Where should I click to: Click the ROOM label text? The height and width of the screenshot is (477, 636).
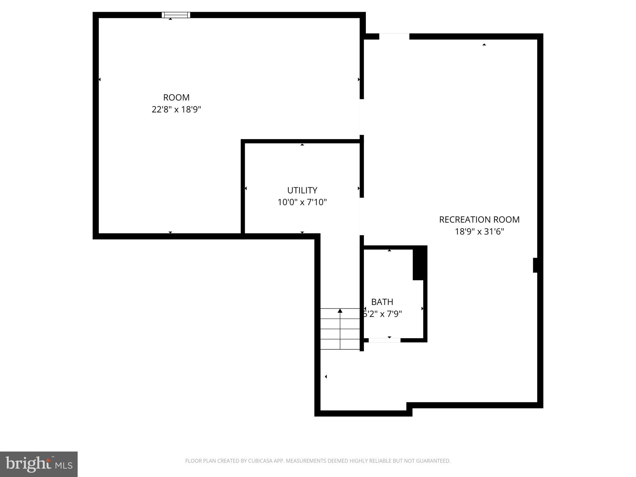click(x=176, y=98)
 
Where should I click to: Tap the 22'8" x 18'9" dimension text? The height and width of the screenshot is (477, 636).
click(x=176, y=110)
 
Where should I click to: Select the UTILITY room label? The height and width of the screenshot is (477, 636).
click(x=302, y=190)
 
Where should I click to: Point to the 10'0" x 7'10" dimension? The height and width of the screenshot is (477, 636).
click(x=302, y=202)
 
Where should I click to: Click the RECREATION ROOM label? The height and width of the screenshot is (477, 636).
click(x=479, y=220)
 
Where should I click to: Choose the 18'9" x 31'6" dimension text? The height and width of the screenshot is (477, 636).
click(x=479, y=232)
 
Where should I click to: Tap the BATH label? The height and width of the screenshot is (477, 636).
click(x=382, y=302)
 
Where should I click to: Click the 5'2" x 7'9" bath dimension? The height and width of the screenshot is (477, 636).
click(x=383, y=314)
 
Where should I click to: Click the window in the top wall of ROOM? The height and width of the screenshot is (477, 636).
click(x=176, y=15)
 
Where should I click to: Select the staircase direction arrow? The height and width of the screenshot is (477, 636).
click(x=340, y=311)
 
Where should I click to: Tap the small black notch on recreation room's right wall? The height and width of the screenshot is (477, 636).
click(x=535, y=265)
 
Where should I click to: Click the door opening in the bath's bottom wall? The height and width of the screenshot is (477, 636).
click(x=384, y=340)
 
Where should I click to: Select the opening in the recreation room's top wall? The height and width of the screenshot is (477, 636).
click(x=394, y=36)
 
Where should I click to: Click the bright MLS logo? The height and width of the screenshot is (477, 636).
click(x=39, y=464)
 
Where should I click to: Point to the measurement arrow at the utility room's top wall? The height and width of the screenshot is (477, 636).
click(x=302, y=145)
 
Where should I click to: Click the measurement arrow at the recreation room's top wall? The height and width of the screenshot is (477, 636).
click(x=484, y=45)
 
